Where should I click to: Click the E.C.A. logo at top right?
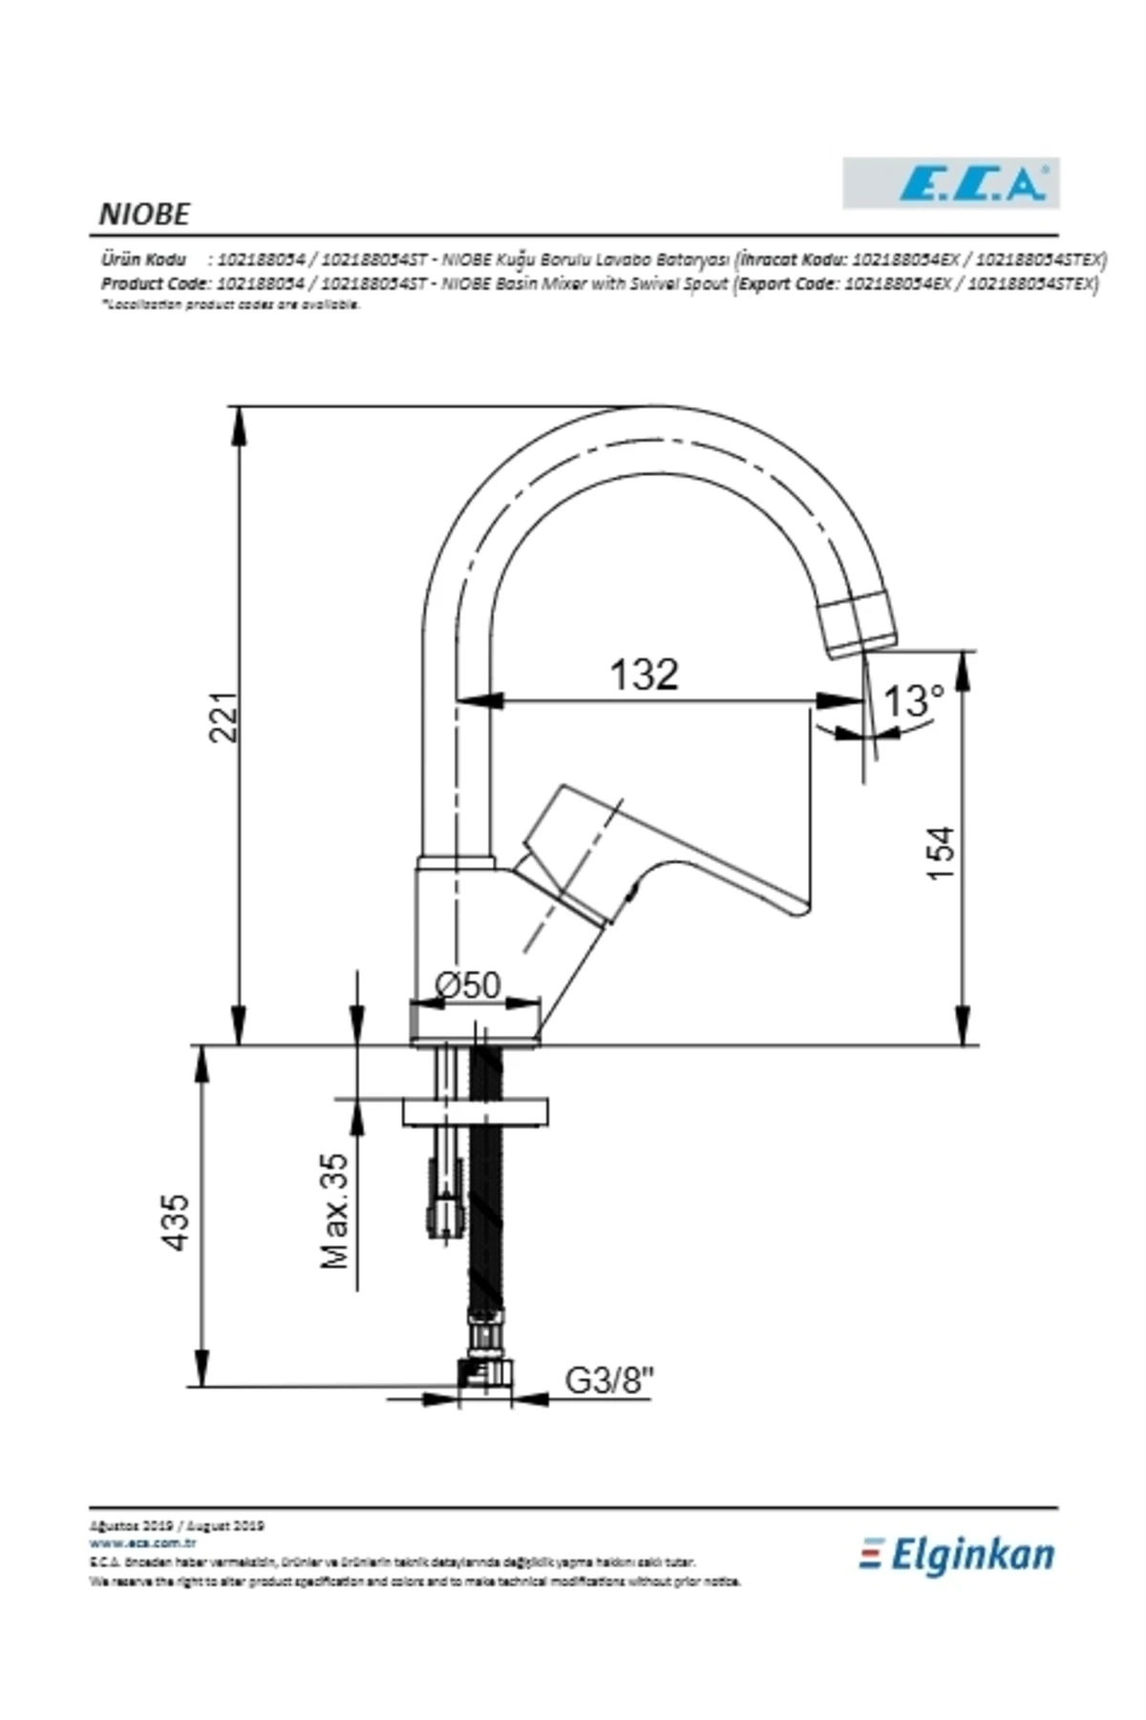pyautogui.click(x=950, y=183)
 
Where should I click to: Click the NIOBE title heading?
pyautogui.click(x=144, y=214)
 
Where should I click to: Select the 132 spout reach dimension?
pyautogui.click(x=644, y=675)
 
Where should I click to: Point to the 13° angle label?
pyautogui.click(x=912, y=701)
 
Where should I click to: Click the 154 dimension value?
pyautogui.click(x=942, y=853)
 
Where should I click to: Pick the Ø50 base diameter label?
pyautogui.click(x=467, y=984)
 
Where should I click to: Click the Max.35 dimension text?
pyautogui.click(x=335, y=1211)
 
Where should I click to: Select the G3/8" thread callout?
pyautogui.click(x=609, y=1380)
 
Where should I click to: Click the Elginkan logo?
pyautogui.click(x=958, y=1555)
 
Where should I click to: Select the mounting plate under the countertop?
pyautogui.click(x=476, y=1111)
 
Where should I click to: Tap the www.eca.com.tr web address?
pyautogui.click(x=142, y=1542)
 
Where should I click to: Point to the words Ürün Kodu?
pyautogui.click(x=143, y=259)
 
